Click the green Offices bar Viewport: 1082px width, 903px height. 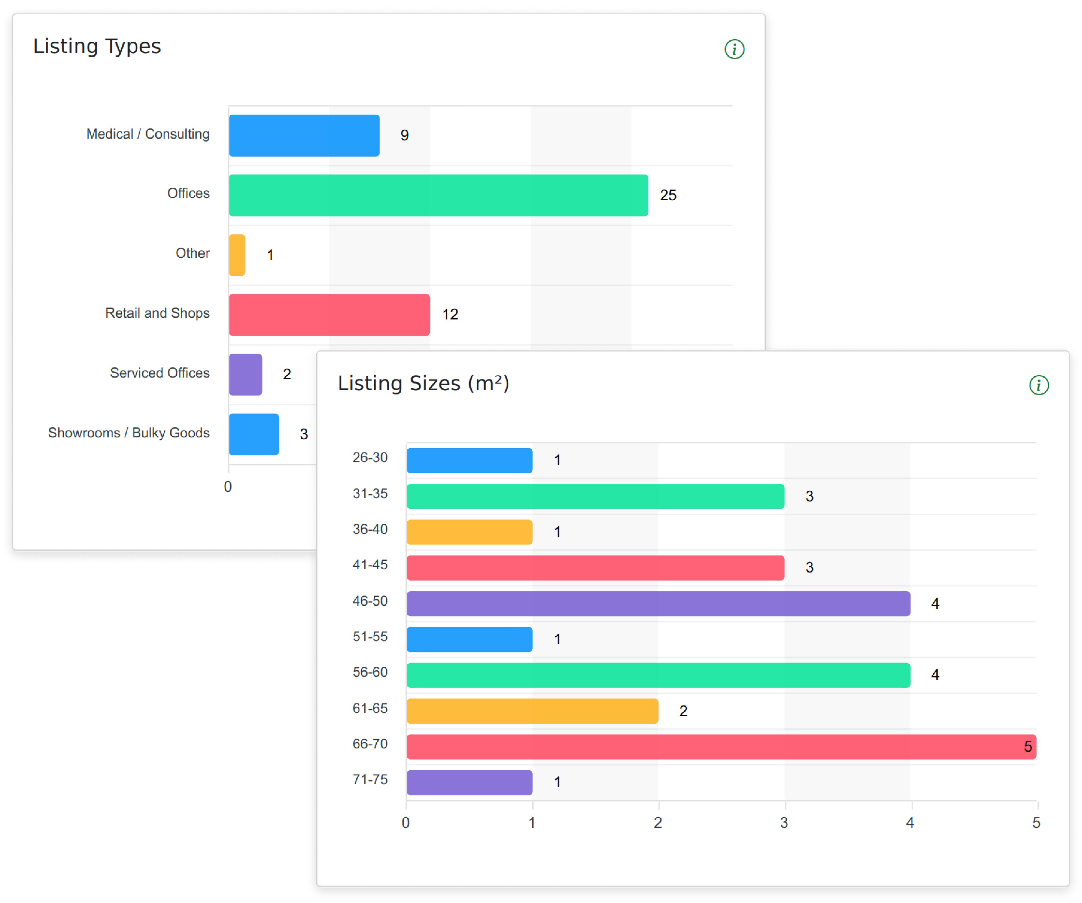(x=438, y=195)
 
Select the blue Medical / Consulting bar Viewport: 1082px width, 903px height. (x=304, y=136)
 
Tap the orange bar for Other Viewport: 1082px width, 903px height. (x=237, y=255)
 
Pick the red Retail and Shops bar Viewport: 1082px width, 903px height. (x=329, y=315)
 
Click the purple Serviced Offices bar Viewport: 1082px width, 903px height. (x=245, y=375)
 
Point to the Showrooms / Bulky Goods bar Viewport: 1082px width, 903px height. (x=253, y=434)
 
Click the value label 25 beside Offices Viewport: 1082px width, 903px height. (x=668, y=195)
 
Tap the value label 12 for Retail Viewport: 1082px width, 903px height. (x=450, y=314)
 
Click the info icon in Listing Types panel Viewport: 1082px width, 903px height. (x=734, y=49)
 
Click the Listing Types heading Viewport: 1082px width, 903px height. (x=97, y=46)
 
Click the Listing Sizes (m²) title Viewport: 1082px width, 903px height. (x=423, y=384)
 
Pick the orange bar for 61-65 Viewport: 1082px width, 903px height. (x=532, y=711)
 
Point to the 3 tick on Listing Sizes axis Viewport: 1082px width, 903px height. (x=784, y=823)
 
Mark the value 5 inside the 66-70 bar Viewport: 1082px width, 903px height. (x=1027, y=747)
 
